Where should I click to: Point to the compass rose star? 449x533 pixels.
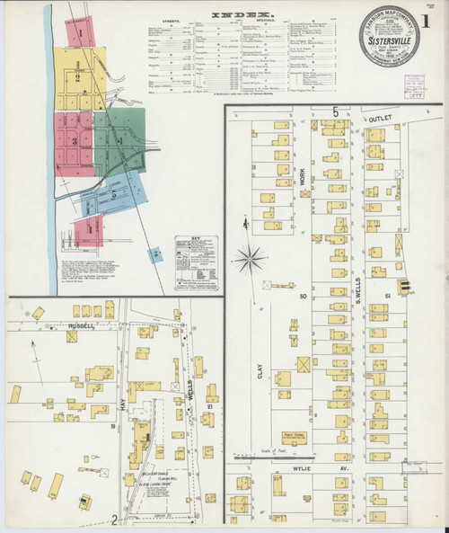tap(251, 258)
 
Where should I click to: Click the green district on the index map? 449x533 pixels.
tap(119, 140)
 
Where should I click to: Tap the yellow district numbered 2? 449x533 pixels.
tap(78, 78)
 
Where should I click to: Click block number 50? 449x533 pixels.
tap(304, 296)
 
